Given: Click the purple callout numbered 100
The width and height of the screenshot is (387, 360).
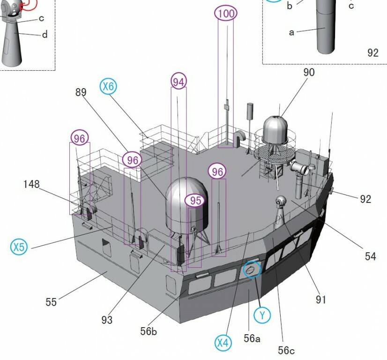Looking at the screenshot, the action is [x=226, y=13].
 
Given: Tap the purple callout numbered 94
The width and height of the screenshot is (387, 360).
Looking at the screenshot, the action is [x=179, y=81].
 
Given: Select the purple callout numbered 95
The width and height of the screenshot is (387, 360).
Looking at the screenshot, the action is [x=195, y=200].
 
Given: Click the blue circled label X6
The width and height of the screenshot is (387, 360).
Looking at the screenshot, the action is [x=108, y=86].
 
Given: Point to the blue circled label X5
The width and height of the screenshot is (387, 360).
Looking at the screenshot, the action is [x=19, y=247].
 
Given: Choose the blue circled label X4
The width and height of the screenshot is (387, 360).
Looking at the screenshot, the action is [x=223, y=343].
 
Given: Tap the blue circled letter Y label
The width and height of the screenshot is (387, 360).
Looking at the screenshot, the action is [x=262, y=315].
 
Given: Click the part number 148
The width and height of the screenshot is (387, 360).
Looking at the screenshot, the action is [x=31, y=184].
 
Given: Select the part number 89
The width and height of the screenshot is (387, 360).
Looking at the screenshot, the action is [x=81, y=92].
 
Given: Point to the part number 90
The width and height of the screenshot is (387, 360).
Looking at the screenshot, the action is [x=309, y=72].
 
